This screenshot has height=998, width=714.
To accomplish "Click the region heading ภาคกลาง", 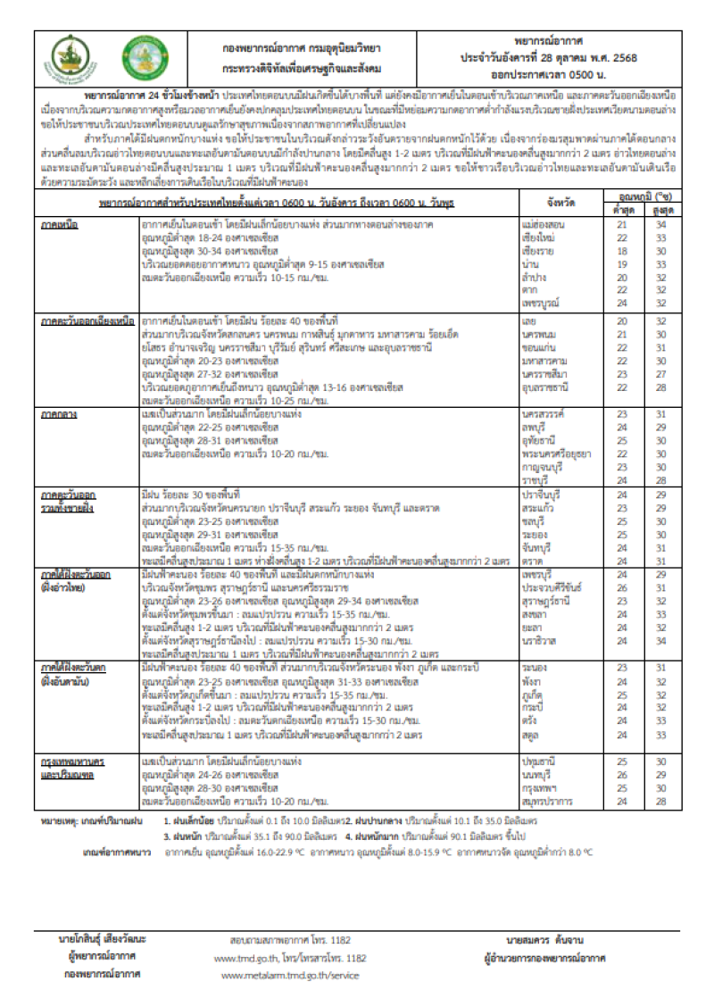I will coord(60,415).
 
